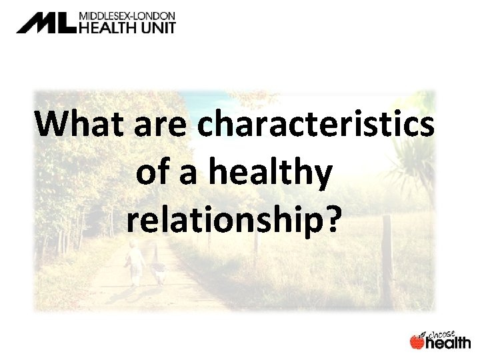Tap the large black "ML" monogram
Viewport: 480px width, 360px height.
tap(47, 23)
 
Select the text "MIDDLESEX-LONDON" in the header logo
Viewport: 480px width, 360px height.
tap(127, 14)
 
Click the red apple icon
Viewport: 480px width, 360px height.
tap(416, 341)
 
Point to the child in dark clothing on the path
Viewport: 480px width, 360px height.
tap(159, 270)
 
